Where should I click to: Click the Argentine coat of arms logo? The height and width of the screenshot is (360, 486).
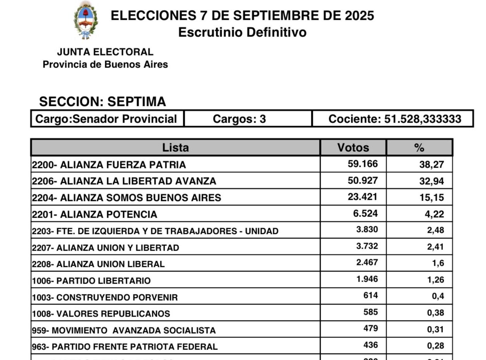coord(86,20)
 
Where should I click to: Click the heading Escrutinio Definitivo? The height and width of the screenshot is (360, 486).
coord(242,32)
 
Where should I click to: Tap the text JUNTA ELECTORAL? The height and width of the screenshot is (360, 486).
coord(105,52)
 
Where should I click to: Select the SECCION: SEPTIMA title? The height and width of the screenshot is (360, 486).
coord(102,102)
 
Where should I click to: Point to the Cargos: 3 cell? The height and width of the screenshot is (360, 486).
coord(239,119)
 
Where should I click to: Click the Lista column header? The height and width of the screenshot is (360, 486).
coord(175,148)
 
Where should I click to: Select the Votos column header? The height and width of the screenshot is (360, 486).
coord(353,148)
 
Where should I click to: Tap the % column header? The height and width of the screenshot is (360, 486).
coord(419,148)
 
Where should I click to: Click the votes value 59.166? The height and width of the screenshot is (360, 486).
coord(363,164)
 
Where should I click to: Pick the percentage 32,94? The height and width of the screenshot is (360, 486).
coord(431,181)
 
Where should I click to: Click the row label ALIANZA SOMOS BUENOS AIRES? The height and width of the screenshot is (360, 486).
coord(127,198)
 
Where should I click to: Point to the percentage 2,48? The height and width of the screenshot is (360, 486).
coord(436,230)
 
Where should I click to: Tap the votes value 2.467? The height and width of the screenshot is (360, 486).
coord(367,263)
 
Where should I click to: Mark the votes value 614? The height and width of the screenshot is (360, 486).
coord(371,296)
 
